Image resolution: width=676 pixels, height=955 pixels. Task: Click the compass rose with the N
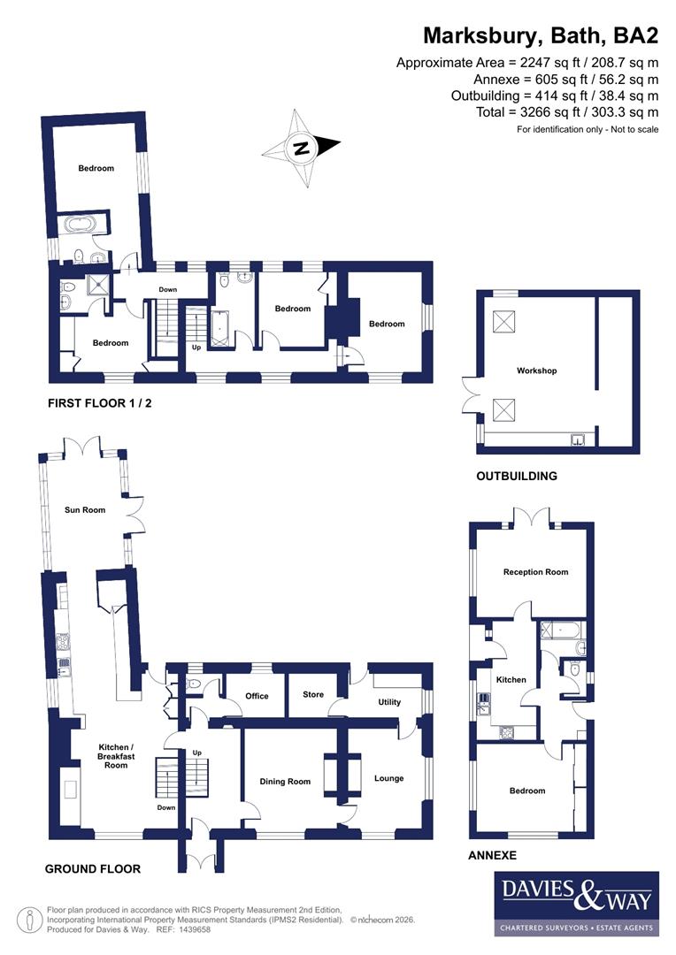[x=302, y=148]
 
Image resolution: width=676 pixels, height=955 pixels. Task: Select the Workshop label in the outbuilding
[x=537, y=371]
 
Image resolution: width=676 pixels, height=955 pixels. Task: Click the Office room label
[x=257, y=696]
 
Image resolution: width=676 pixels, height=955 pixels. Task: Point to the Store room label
[x=313, y=695]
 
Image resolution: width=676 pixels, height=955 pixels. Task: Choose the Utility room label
[x=389, y=702]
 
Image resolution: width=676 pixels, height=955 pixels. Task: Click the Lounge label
[x=388, y=778]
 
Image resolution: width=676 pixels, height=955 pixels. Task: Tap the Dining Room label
[x=285, y=781]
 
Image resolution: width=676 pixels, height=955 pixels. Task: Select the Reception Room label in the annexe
[x=535, y=572]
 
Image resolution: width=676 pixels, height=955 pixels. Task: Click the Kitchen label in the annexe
[x=511, y=680]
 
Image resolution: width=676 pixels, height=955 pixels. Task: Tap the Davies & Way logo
[x=575, y=903]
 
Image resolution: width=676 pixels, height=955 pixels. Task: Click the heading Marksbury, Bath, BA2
[x=540, y=35]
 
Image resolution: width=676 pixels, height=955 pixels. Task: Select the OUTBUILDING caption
[x=517, y=476]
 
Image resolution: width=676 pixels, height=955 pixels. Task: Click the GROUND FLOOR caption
[x=93, y=868]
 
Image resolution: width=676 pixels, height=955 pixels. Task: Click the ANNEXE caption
[x=492, y=855]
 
